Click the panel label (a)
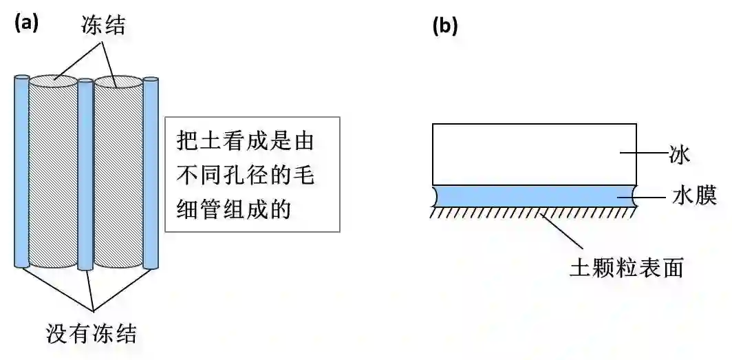point(26,23)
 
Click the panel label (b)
point(444,27)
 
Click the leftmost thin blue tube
point(21,172)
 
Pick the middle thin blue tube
point(85,176)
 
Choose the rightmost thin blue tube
point(151,172)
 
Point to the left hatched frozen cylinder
point(53,179)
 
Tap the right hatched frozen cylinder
point(118,179)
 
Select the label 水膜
point(694,197)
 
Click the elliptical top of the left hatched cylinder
point(53,81)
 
